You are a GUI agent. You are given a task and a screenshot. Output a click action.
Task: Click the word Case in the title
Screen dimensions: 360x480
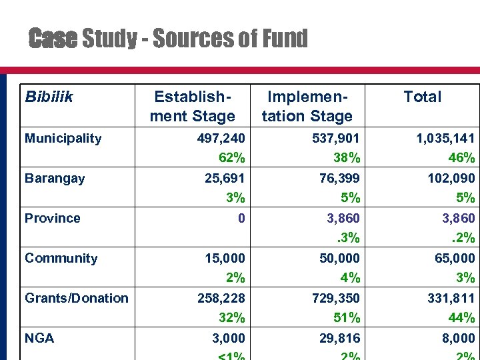click(x=53, y=39)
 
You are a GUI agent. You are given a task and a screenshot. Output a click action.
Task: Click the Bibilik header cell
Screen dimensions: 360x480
click(x=49, y=97)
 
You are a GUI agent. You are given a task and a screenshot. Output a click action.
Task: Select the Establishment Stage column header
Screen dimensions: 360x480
click(x=194, y=106)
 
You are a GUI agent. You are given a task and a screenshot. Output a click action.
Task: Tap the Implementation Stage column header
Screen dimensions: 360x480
click(x=307, y=106)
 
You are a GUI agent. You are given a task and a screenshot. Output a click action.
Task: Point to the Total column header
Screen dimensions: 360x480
click(x=422, y=97)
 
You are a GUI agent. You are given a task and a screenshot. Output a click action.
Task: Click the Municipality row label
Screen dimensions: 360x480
click(x=63, y=139)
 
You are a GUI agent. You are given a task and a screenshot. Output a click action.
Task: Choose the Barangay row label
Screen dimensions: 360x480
click(x=55, y=178)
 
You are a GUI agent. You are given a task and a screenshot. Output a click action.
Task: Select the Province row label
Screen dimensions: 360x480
click(x=52, y=218)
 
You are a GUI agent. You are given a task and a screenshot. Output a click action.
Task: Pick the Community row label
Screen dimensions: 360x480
click(x=61, y=258)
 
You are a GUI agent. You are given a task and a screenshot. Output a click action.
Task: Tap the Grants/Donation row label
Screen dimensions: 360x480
click(x=76, y=298)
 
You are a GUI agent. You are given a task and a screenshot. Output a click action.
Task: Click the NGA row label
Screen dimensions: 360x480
click(x=39, y=338)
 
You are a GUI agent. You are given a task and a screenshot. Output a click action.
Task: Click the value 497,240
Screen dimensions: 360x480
click(x=221, y=139)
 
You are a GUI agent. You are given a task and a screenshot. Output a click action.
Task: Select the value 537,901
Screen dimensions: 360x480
click(x=336, y=139)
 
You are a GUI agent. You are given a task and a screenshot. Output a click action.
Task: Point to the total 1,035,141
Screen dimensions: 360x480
click(x=445, y=139)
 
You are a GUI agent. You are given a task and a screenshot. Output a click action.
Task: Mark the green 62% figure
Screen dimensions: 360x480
click(x=232, y=158)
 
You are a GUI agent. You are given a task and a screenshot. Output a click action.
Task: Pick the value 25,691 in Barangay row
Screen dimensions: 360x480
click(x=225, y=178)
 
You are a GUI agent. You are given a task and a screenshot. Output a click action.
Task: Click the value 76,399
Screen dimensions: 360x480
click(x=340, y=178)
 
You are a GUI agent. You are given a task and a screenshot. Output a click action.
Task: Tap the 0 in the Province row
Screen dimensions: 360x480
click(x=241, y=218)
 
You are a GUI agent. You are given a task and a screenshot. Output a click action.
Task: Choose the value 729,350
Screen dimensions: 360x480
click(x=336, y=298)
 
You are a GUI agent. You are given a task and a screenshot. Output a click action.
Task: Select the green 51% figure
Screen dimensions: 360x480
click(x=347, y=317)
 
